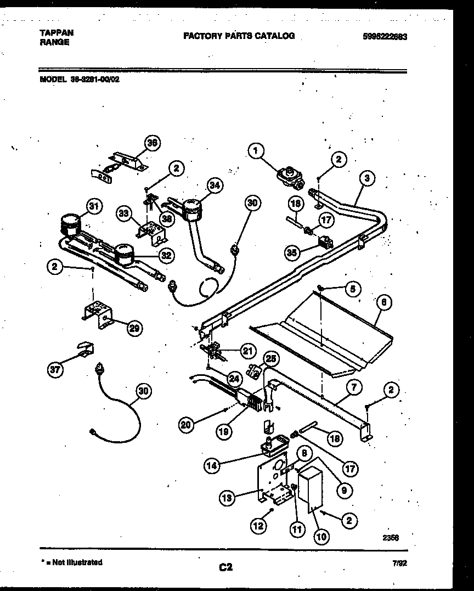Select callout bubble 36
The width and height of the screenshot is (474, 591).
click(x=152, y=143)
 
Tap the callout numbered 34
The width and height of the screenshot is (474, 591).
click(x=215, y=185)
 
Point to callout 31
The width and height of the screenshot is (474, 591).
click(x=94, y=206)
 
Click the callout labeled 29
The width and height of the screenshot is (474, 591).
click(x=133, y=328)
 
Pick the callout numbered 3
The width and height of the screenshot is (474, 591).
click(x=367, y=178)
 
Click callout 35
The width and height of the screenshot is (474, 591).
click(x=292, y=252)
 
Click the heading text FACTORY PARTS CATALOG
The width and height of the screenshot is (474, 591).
click(x=239, y=36)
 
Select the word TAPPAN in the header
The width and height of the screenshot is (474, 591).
click(x=57, y=32)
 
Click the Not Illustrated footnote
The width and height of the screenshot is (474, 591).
click(x=72, y=562)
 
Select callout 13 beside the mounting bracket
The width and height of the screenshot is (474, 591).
click(x=227, y=498)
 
